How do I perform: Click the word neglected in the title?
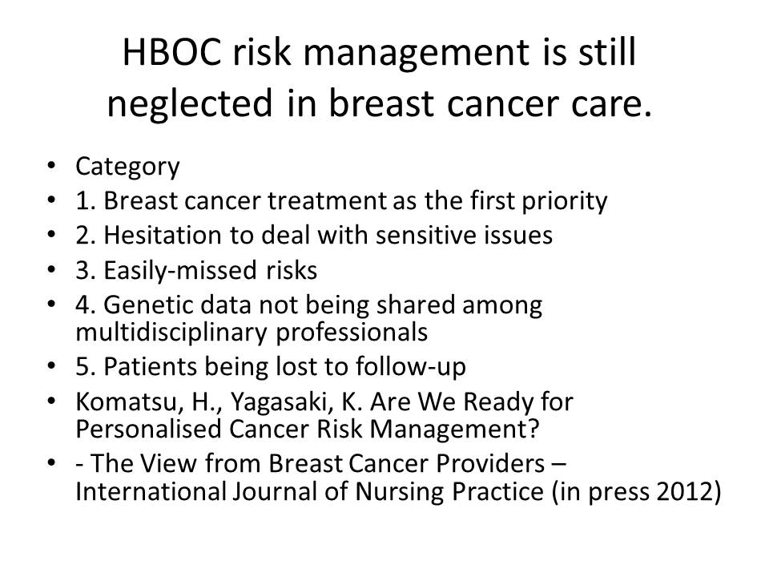pyautogui.click(x=189, y=103)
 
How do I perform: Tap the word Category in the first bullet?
pyautogui.click(x=127, y=167)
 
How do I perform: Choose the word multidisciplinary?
pyautogui.click(x=171, y=332)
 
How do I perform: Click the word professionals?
pyautogui.click(x=352, y=332)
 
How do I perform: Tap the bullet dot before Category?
pyautogui.click(x=51, y=166)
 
